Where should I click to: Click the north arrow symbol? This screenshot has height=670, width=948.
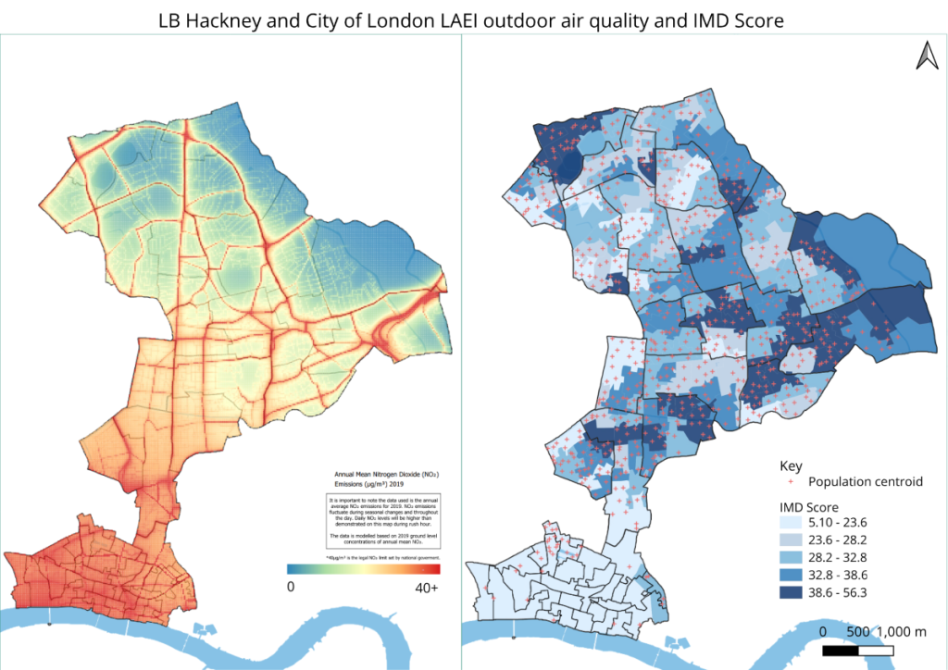click(x=926, y=56)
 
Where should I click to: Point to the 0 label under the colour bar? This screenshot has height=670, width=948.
click(x=291, y=586)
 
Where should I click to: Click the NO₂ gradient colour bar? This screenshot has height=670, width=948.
click(x=363, y=568)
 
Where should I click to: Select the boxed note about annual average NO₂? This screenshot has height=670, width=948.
click(x=383, y=521)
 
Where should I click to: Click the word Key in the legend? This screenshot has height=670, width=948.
click(x=790, y=465)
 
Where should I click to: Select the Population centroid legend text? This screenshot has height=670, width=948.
click(x=865, y=481)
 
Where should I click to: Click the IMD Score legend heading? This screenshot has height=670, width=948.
click(x=807, y=507)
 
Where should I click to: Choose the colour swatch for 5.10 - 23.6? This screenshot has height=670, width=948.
click(x=789, y=524)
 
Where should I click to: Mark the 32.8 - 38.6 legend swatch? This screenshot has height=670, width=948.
click(x=789, y=574)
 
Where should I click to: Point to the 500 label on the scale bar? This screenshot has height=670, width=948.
click(x=856, y=631)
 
